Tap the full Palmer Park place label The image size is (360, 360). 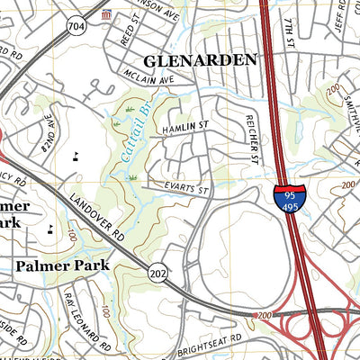tap(62, 265)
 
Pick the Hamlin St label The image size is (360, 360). tap(184, 130)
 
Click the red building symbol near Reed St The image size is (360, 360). tap(107, 15)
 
